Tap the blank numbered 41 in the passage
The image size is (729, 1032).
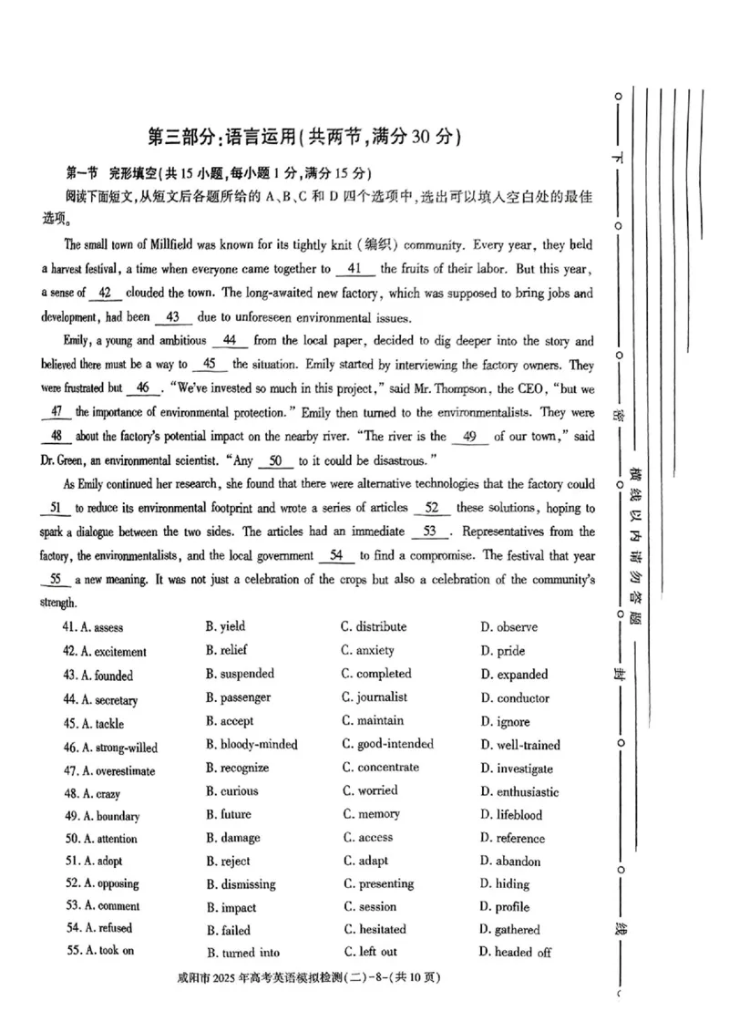pyautogui.click(x=355, y=269)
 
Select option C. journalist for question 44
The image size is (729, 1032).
pyautogui.click(x=374, y=697)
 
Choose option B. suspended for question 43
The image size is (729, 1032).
pyautogui.click(x=240, y=675)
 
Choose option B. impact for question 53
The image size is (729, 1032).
pyautogui.click(x=231, y=908)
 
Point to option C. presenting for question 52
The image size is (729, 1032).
pyautogui.click(x=377, y=884)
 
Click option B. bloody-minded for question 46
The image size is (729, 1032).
pyautogui.click(x=252, y=745)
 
